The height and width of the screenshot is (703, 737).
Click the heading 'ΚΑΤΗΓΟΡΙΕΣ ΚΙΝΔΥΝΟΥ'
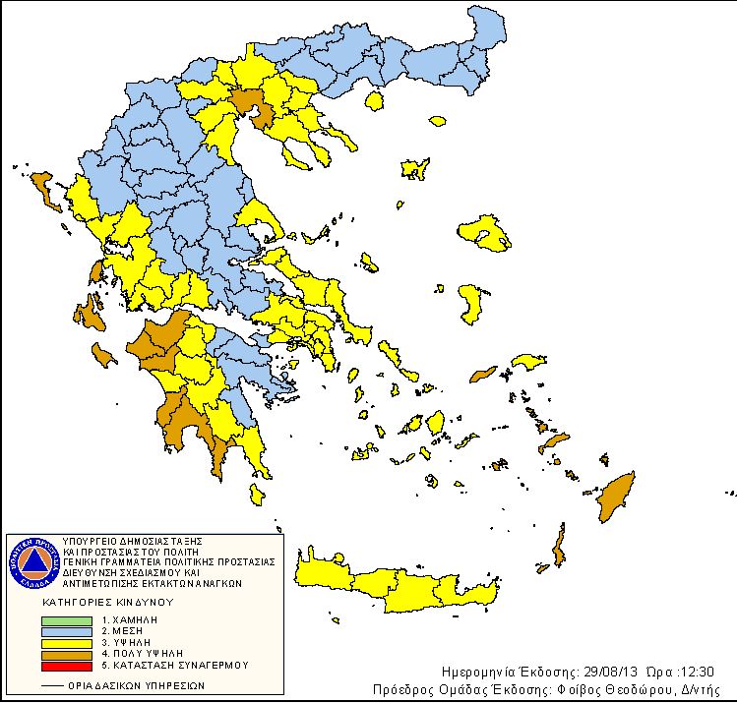(106, 600)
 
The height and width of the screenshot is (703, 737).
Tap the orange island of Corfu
(43, 188)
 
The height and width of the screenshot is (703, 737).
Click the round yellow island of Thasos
(374, 100)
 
